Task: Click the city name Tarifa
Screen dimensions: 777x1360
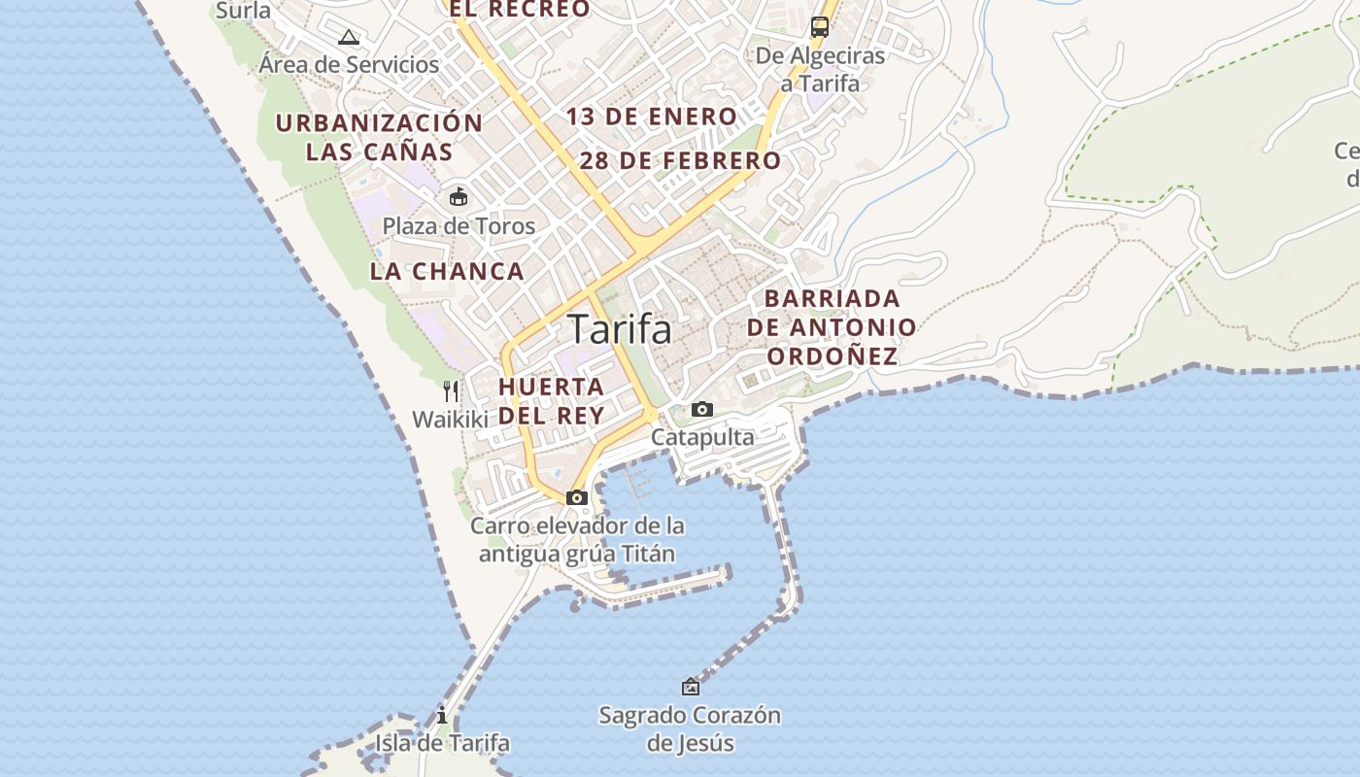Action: [x=619, y=329]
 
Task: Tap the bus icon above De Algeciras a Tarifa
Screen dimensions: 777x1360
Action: [x=820, y=26]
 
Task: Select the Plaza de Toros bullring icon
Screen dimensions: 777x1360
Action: [x=458, y=197]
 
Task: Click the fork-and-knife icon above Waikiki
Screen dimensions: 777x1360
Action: [x=451, y=391]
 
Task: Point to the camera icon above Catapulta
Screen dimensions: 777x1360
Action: [x=701, y=410]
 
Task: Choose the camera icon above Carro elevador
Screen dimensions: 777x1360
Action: [x=577, y=498]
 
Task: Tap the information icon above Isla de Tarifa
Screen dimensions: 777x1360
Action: [x=442, y=716]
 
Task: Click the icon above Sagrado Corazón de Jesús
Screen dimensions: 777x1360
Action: [x=690, y=687]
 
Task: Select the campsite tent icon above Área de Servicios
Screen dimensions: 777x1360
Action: [x=349, y=38]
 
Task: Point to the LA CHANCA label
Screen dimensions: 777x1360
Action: [x=447, y=272]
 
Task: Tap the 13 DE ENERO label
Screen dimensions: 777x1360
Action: [x=652, y=117]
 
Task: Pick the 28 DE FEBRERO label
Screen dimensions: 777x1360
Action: [x=680, y=161]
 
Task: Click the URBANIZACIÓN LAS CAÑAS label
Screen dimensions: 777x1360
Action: [x=379, y=137]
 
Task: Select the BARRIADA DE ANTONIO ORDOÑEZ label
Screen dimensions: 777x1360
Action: [x=832, y=327]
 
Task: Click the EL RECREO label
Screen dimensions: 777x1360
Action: [x=519, y=10]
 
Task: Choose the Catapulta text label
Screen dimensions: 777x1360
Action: [x=702, y=437]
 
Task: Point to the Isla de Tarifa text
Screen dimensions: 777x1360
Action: [x=442, y=744]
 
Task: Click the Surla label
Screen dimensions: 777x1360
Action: [x=244, y=11]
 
